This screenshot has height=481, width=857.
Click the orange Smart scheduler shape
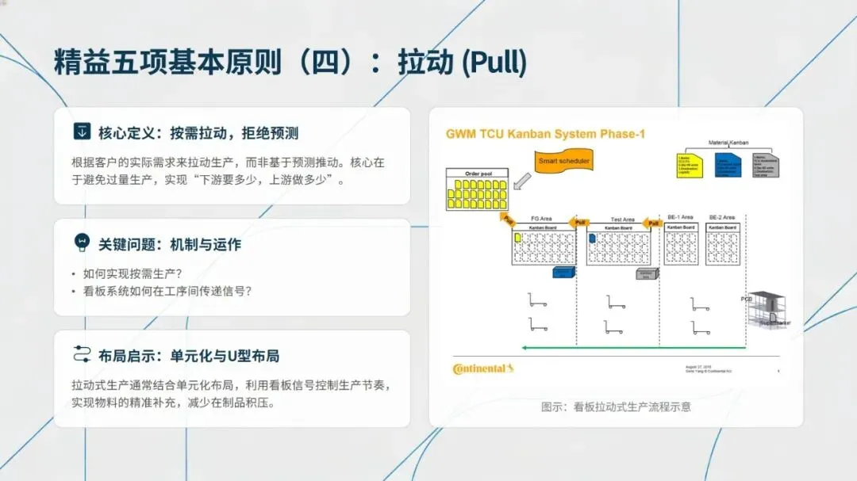563,162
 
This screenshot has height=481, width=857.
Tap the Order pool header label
478,174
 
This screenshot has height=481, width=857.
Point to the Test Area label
622,220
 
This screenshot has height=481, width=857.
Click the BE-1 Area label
680,217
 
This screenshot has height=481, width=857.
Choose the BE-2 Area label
721,217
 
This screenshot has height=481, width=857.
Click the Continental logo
483,368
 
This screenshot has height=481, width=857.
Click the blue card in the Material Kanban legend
728,164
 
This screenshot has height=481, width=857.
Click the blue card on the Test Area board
592,239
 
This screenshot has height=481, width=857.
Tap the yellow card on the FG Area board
517,238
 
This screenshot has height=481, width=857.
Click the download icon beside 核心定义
81,132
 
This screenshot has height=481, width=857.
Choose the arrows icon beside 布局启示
81,354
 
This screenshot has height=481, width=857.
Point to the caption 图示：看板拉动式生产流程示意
616,407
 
